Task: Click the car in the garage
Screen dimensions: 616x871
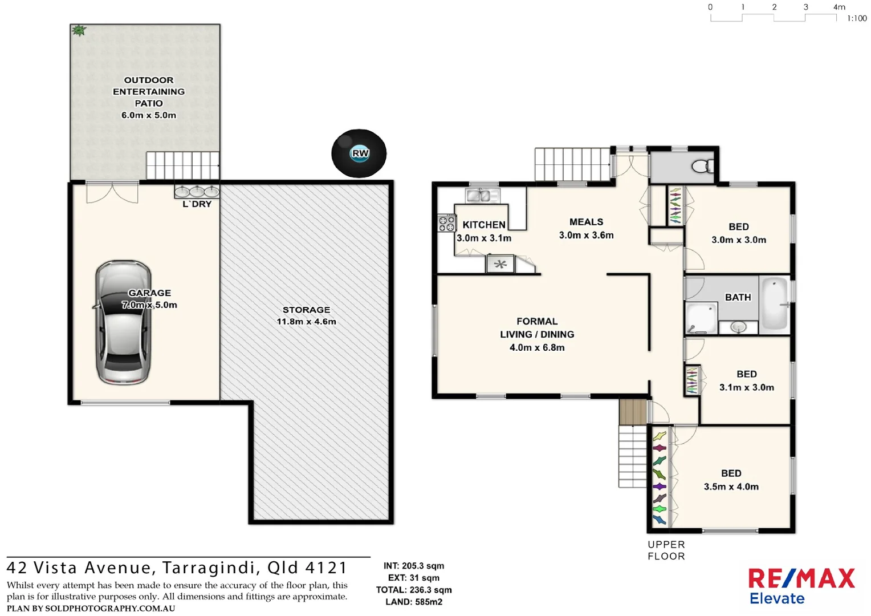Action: [x=123, y=323]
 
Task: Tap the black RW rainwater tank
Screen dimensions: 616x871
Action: [x=359, y=153]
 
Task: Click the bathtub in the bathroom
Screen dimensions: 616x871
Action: [x=774, y=303]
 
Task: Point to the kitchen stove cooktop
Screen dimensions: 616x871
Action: [x=446, y=223]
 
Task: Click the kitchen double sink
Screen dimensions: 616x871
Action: [x=478, y=196]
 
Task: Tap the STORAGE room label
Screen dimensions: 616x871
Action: [x=306, y=310]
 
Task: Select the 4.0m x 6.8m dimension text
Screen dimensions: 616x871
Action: [x=537, y=347]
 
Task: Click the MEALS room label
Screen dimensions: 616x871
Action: [x=586, y=222]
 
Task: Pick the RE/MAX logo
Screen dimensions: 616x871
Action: [x=801, y=578]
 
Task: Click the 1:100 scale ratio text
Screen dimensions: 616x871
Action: [x=856, y=18]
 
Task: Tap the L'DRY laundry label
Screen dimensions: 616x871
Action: [x=197, y=204]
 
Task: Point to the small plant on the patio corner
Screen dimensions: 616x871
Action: [x=79, y=31]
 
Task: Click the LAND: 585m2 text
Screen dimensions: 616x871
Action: [x=414, y=602]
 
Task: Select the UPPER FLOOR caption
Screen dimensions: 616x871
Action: [x=666, y=550]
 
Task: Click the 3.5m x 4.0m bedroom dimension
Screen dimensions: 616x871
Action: [x=731, y=487]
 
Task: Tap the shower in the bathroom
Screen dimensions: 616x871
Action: [x=701, y=318]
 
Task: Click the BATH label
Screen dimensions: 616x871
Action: [x=738, y=297]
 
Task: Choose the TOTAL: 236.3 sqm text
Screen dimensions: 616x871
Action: [x=414, y=590]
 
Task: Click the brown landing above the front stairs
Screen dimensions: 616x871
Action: [x=633, y=412]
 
